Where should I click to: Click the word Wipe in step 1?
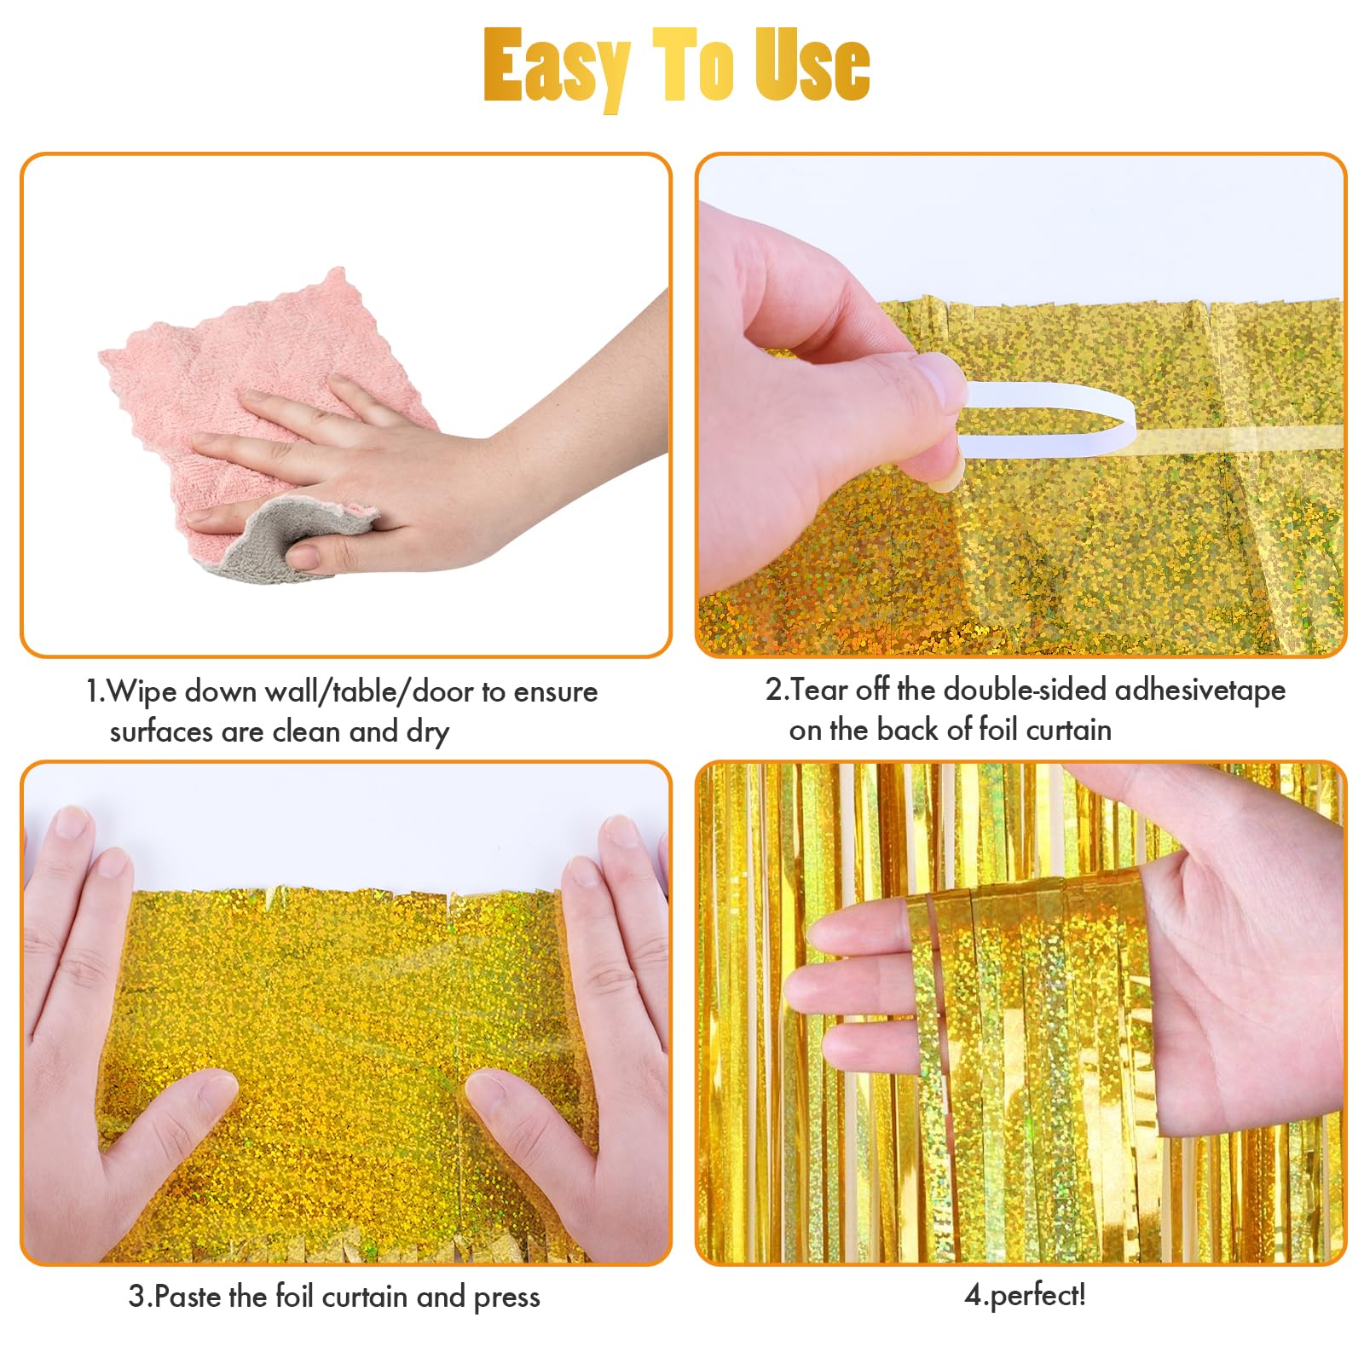(140, 691)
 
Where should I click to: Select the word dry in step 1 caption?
(427, 732)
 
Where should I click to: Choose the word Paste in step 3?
(188, 1297)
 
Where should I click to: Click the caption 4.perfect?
(1025, 1295)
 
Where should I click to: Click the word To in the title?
(691, 66)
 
